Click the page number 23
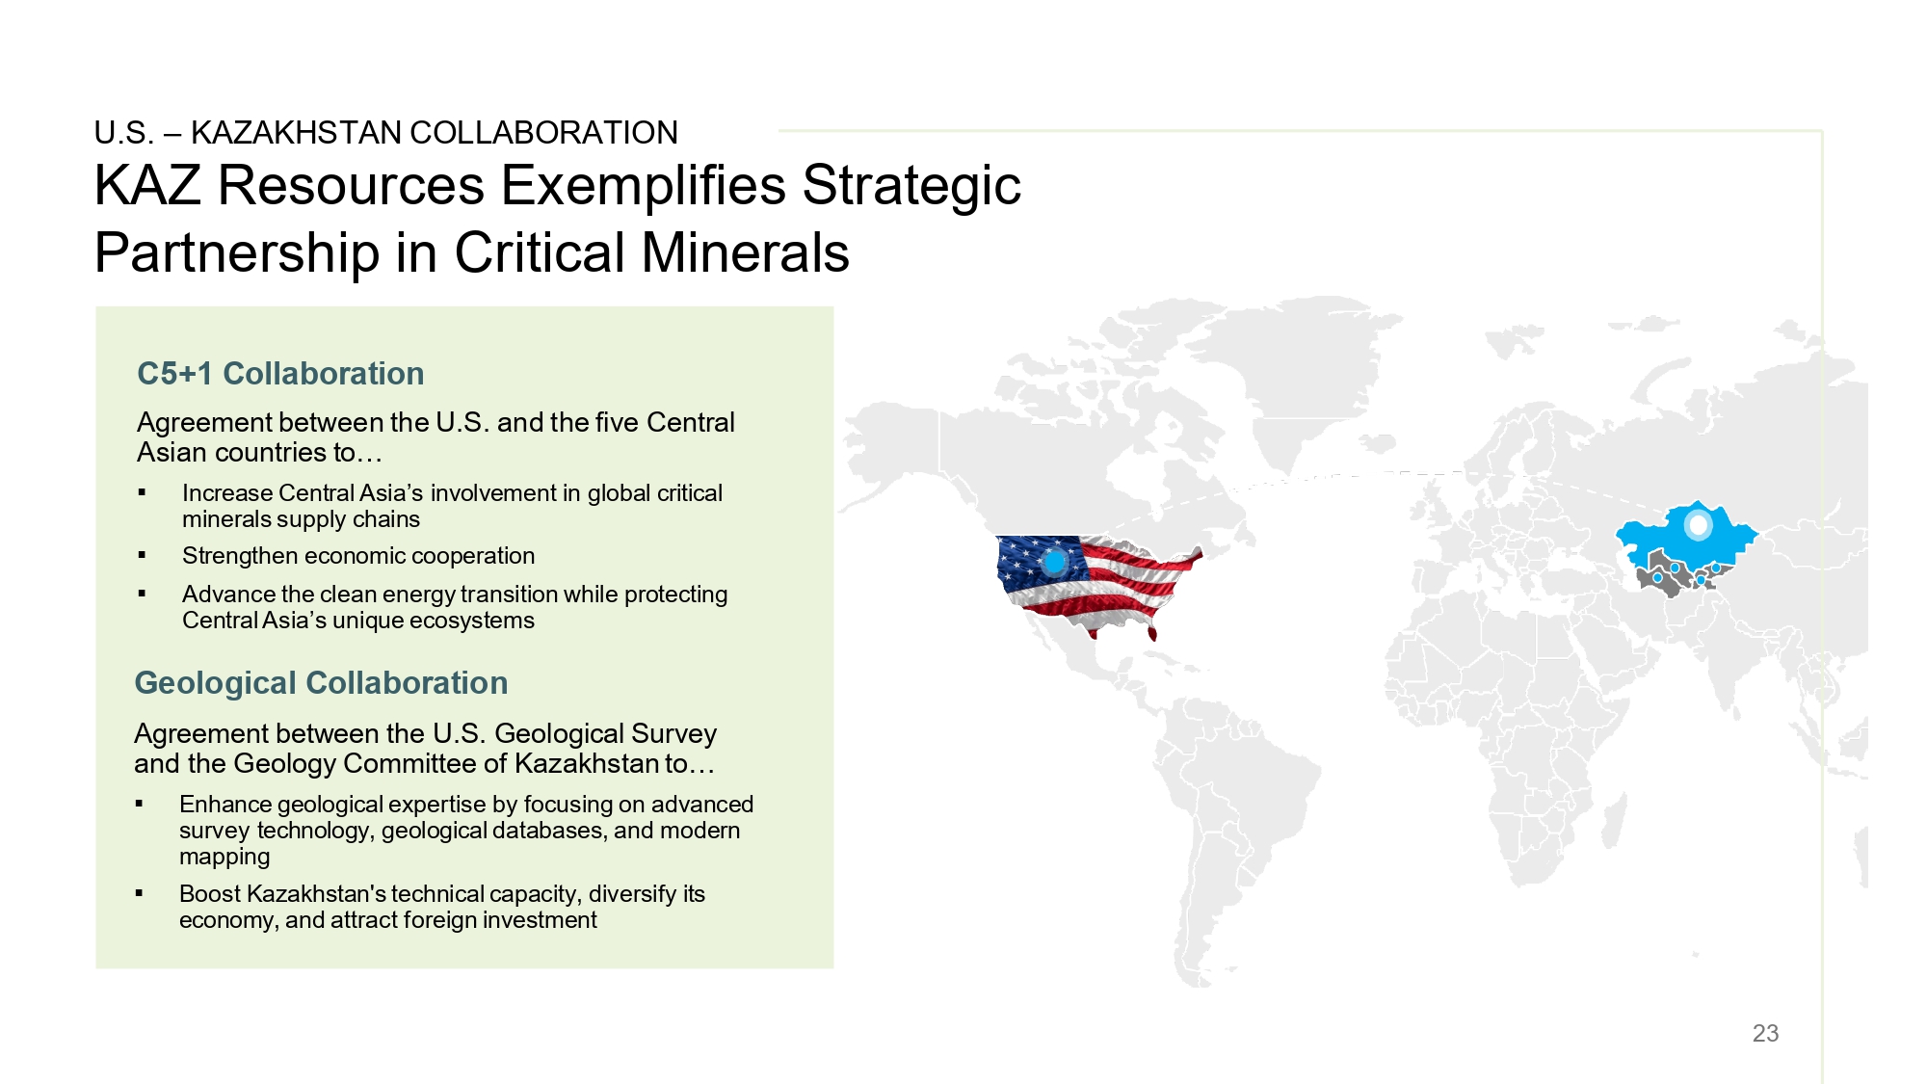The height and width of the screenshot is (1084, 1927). point(1765,1033)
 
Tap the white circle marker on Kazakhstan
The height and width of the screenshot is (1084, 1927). point(1698,525)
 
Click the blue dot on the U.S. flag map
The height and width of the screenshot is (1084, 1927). point(1055,561)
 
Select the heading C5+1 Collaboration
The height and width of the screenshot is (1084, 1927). point(280,374)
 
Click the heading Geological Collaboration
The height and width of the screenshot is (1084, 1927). point(321,683)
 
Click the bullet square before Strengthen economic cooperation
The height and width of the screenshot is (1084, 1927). point(142,555)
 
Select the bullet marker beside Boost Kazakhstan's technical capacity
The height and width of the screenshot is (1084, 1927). point(139,893)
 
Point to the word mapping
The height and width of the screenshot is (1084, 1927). point(224,857)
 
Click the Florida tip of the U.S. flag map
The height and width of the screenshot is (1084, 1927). point(1152,634)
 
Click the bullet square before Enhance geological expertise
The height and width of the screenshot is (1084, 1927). point(139,804)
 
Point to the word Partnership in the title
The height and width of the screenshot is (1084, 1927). point(237,253)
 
